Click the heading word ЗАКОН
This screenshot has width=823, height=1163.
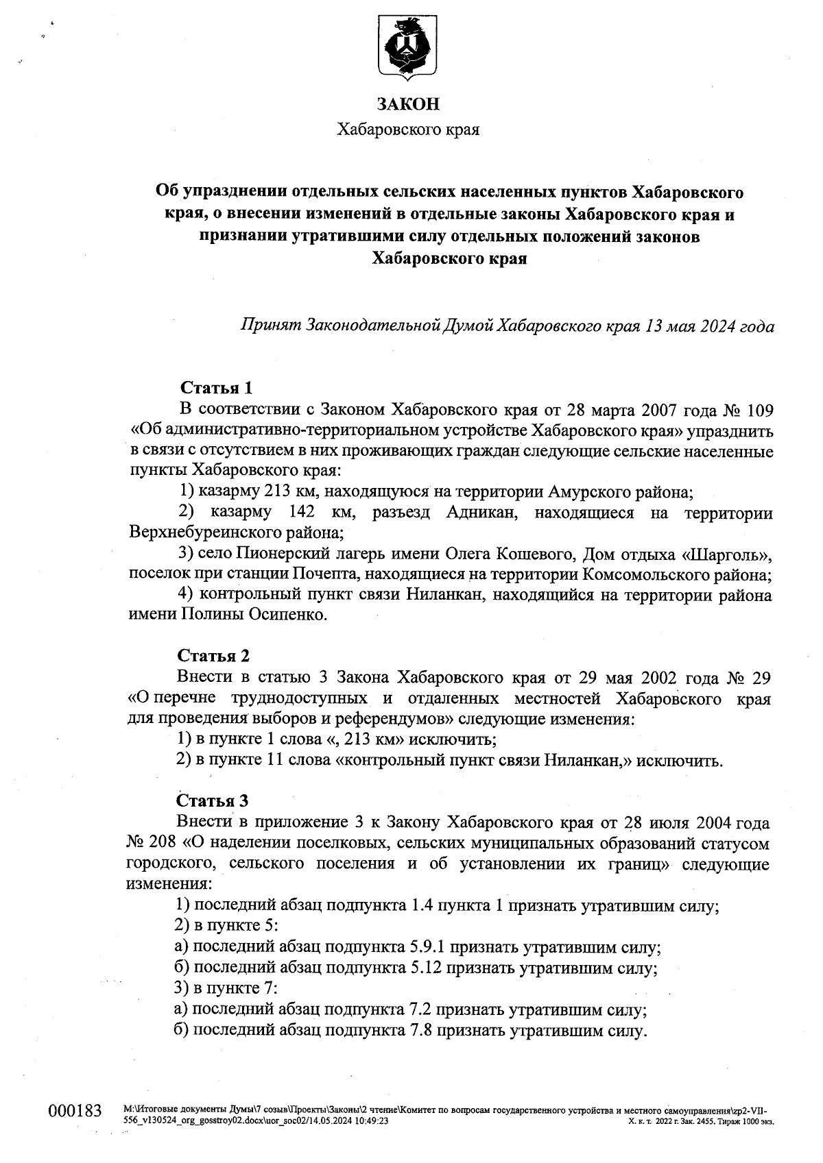[408, 104]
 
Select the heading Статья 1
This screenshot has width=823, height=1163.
[215, 388]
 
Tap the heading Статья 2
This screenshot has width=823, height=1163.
[213, 656]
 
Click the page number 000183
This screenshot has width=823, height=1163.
[75, 1111]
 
